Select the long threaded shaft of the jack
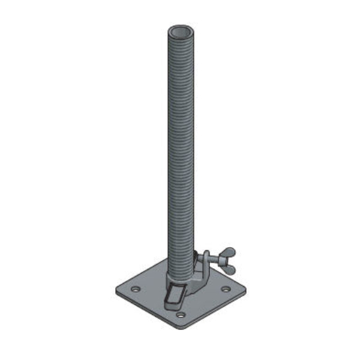tap(180, 150)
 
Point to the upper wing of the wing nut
tap(229, 250)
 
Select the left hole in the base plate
tap(136, 289)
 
